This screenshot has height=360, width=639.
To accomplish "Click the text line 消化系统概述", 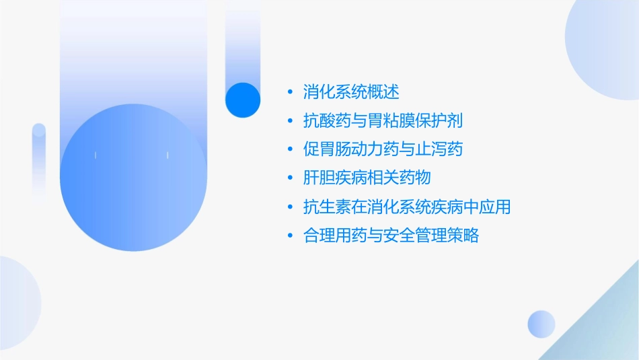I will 351,92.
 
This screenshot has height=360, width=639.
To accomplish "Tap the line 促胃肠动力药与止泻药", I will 383,149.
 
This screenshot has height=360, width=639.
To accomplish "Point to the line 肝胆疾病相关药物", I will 367,178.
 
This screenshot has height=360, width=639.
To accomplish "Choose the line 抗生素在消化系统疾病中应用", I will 407,207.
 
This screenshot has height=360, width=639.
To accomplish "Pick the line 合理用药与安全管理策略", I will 391,236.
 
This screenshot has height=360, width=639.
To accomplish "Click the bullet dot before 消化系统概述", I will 289,92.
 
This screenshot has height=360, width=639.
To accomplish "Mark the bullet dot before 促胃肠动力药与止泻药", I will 289,149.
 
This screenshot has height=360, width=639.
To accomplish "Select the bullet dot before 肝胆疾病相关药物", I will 289,178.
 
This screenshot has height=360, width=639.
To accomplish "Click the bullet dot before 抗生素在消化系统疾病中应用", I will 289,207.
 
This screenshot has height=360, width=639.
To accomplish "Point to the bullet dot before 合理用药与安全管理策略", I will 289,236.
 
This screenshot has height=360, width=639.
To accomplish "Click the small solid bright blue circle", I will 243,100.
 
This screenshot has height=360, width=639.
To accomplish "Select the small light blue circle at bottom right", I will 541,324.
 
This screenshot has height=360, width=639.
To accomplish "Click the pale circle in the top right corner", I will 605,40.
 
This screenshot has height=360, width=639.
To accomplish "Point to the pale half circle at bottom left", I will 17,303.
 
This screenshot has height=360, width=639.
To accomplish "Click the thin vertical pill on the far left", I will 39,161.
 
